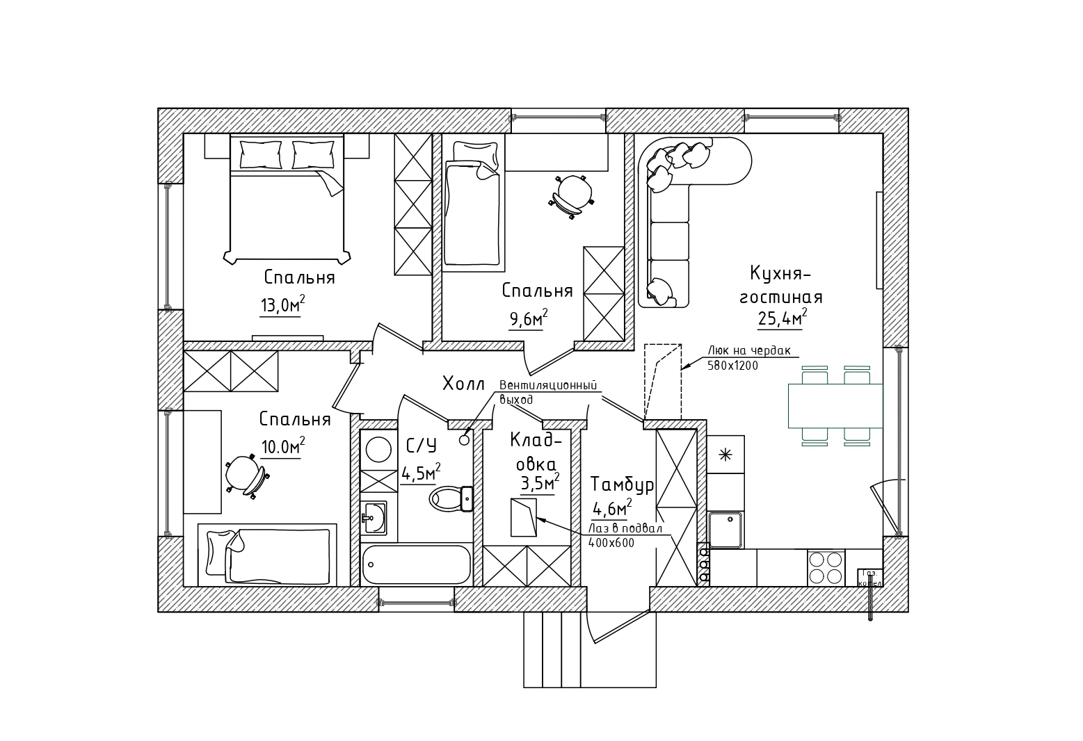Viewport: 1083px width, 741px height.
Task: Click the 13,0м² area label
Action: [x=282, y=305]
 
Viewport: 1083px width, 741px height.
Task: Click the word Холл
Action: [x=463, y=383]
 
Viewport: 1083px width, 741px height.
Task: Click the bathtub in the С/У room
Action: [x=417, y=564]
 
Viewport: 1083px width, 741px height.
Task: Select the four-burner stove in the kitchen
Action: [x=826, y=568]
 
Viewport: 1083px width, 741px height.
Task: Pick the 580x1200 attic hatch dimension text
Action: [x=732, y=366]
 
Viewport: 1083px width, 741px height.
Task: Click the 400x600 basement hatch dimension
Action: [x=611, y=544]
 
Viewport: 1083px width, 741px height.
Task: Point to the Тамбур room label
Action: [x=622, y=484]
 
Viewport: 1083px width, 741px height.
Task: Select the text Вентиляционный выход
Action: [x=547, y=392]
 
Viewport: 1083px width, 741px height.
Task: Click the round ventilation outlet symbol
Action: [x=465, y=439]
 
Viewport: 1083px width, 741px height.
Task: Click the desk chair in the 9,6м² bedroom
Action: [x=572, y=195]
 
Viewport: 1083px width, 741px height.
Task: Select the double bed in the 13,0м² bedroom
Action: [x=287, y=198]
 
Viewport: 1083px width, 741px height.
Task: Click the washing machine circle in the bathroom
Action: [x=378, y=449]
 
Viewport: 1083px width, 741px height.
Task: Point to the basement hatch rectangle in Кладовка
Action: [x=524, y=517]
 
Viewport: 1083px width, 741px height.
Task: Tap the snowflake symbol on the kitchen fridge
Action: [x=725, y=455]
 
